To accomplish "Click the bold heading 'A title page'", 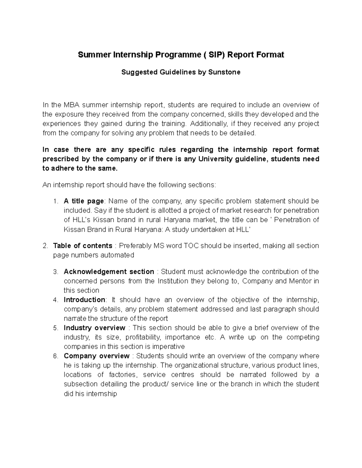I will (x=84, y=201).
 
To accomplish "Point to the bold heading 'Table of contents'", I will (x=82, y=246).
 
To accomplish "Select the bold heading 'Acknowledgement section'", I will (x=109, y=272).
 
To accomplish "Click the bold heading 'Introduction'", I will (x=84, y=300).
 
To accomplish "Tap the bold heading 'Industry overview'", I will (x=94, y=328).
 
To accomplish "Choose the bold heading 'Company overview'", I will (x=97, y=356).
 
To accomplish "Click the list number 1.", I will (x=55, y=201).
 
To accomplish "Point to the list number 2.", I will (x=45, y=246).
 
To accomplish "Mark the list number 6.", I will (x=55, y=356).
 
